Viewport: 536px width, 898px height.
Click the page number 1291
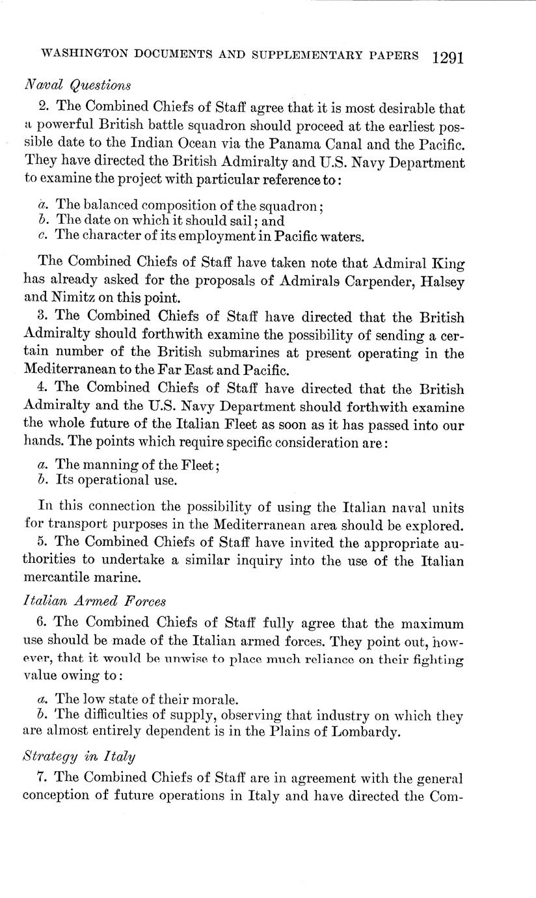point(447,57)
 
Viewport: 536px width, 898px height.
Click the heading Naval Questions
point(77,85)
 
